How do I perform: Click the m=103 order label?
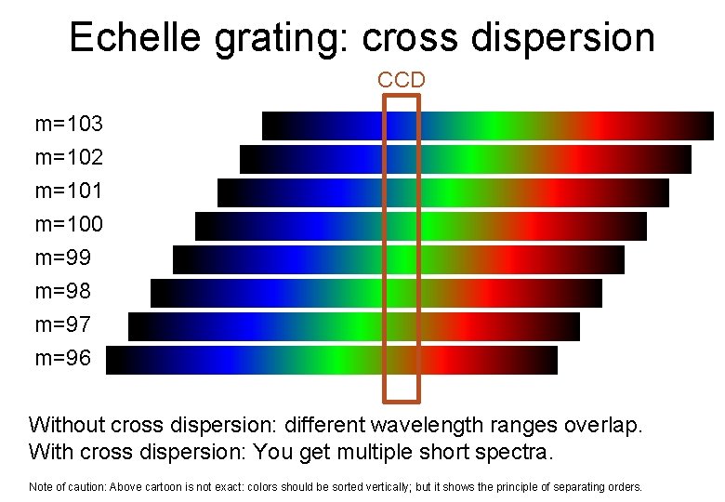[x=69, y=124]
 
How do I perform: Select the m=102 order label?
[x=69, y=157]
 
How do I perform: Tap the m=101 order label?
[x=69, y=191]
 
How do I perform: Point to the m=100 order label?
[x=69, y=224]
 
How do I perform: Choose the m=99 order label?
[x=63, y=258]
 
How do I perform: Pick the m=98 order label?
[x=63, y=291]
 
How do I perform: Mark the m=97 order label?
[x=63, y=324]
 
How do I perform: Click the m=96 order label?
[x=63, y=358]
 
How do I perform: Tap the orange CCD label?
[x=402, y=80]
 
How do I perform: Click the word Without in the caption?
[x=67, y=426]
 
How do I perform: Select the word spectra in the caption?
[x=517, y=454]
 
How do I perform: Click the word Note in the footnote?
[x=41, y=486]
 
